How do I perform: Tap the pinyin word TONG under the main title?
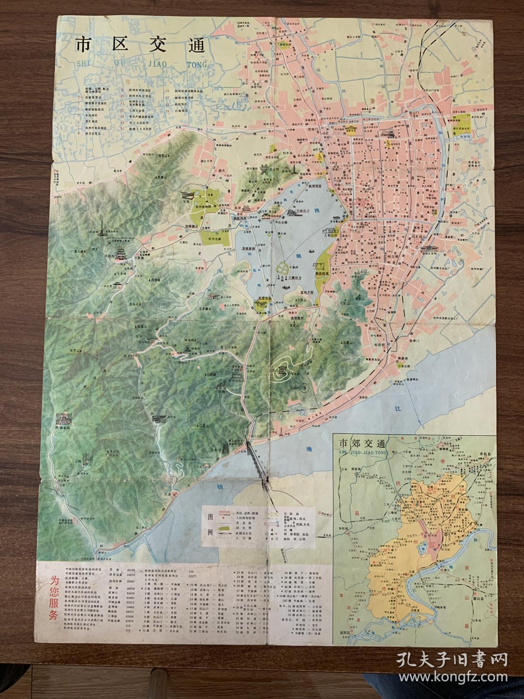click(x=195, y=64)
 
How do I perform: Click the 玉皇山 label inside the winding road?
click(x=285, y=370)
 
